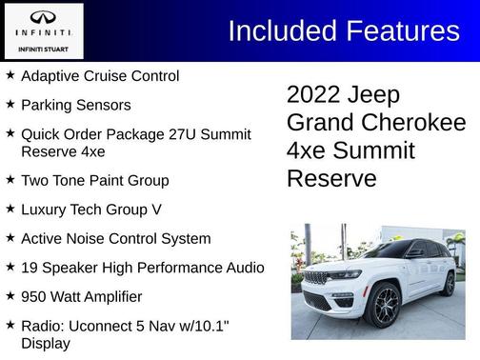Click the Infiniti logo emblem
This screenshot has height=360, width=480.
(43, 17)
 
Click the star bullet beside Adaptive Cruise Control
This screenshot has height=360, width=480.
(10, 74)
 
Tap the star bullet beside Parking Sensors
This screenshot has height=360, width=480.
(10, 104)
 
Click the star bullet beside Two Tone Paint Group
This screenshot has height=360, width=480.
(10, 179)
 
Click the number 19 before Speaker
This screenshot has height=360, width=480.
(30, 269)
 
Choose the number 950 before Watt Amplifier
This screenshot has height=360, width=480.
(35, 297)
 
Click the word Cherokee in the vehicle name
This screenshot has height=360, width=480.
(418, 123)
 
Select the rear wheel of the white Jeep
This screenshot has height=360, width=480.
(449, 283)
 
